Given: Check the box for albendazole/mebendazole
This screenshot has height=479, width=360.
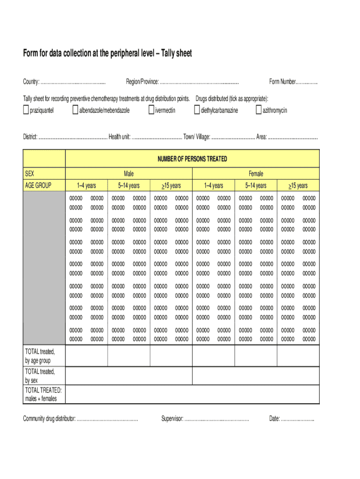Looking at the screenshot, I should [x=75, y=110].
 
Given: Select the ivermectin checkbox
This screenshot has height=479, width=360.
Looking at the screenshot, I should [x=151, y=110].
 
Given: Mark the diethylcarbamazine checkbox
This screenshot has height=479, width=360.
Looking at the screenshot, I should [x=197, y=110].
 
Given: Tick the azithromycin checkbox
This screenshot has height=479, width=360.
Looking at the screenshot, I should [x=259, y=110].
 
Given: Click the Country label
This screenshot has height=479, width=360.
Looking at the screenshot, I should [x=31, y=82].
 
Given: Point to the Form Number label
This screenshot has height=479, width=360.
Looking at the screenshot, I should [x=282, y=82].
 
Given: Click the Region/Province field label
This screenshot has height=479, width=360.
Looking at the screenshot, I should [x=142, y=82].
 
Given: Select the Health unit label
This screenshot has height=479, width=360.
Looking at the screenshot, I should [x=119, y=137].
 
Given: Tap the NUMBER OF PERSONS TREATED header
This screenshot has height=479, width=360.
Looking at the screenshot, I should [x=192, y=159].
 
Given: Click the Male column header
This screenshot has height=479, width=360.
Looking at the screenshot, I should [x=129, y=174].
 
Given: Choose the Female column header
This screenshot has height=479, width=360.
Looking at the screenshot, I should [x=256, y=174].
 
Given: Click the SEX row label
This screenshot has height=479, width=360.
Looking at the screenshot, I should [x=29, y=174].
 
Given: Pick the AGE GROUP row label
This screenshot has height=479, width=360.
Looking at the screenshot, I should [x=38, y=185].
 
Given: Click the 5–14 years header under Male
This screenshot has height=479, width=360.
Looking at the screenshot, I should [x=129, y=186].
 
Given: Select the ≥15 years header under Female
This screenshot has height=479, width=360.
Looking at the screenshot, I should [x=298, y=186].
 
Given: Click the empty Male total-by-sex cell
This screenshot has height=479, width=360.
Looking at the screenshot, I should [x=129, y=376].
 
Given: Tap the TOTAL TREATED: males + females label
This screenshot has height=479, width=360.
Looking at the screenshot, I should [x=43, y=394].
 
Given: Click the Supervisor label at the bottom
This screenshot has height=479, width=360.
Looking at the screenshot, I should [x=172, y=418].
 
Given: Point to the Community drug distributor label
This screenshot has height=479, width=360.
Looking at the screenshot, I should [x=49, y=418].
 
